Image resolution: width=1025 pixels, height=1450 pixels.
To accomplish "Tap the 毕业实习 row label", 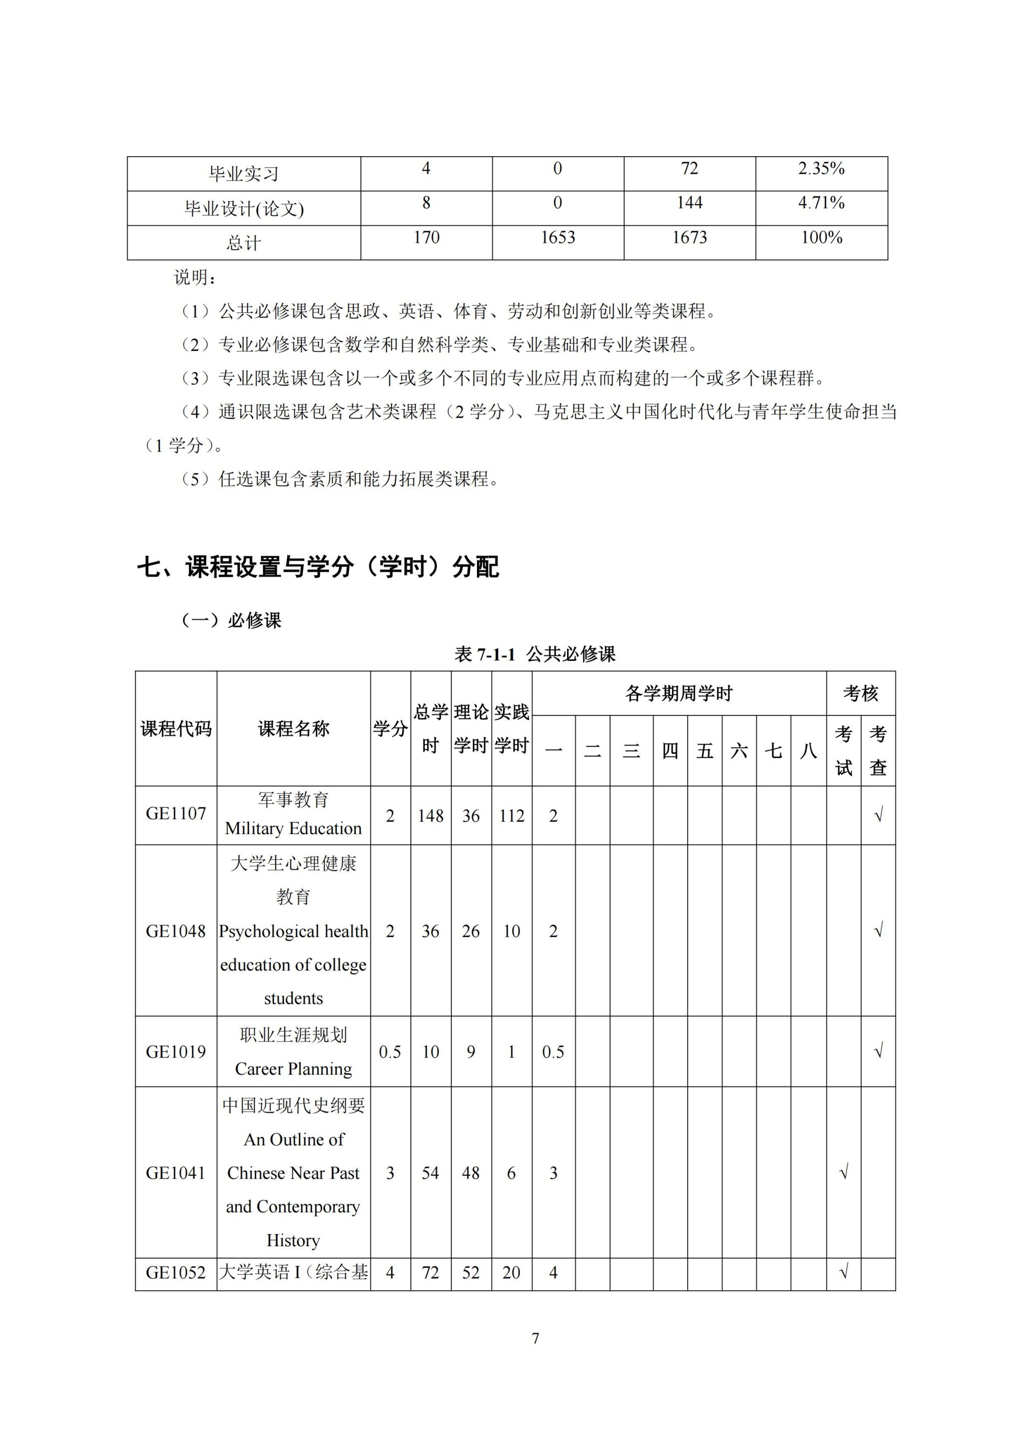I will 244,174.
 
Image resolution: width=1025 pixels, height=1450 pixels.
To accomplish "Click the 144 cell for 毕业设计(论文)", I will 689,203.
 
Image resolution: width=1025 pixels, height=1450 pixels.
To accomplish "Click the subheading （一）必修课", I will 231,620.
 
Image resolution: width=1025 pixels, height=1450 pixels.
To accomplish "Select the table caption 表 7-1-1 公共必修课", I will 535,654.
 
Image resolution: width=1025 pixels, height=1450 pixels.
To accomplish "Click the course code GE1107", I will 176,814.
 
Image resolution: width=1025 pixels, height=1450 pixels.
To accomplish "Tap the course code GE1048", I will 176,931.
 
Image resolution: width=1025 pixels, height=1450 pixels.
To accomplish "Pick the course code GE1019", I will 176,1052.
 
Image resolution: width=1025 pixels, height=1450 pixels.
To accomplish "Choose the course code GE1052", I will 176,1273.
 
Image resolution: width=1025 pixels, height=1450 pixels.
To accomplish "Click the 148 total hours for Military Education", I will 430,816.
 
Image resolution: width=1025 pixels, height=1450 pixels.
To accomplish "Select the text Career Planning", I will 293,1069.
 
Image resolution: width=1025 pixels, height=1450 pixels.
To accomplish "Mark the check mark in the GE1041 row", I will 843,1173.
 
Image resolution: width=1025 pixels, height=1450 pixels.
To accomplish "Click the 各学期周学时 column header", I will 679,693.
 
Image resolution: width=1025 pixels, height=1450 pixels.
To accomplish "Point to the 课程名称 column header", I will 293,729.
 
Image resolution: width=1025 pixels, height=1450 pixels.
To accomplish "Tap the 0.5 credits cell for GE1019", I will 390,1052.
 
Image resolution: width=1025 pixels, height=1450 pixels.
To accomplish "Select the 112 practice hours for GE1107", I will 511,816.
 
